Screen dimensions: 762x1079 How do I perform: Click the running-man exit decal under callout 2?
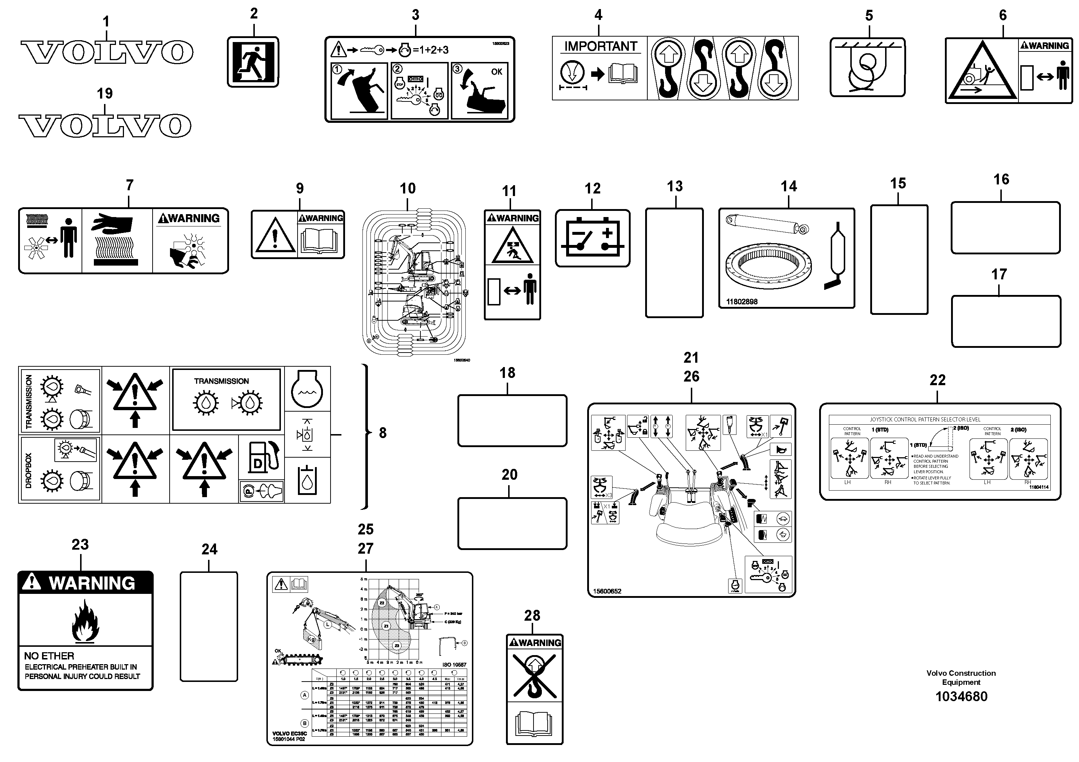[253, 62]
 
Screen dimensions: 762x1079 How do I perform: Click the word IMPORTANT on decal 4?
[601, 46]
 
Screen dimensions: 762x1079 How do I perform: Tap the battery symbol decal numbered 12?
[592, 238]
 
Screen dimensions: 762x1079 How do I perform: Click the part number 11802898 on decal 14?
[742, 301]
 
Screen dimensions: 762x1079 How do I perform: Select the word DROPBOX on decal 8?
[29, 470]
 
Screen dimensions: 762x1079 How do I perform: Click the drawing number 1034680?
[961, 696]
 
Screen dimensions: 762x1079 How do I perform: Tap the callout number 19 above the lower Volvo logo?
[104, 93]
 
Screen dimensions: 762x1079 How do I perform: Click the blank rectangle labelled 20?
[512, 523]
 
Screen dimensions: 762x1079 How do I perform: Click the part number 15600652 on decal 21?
[607, 591]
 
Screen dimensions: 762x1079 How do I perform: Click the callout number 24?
[209, 549]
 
